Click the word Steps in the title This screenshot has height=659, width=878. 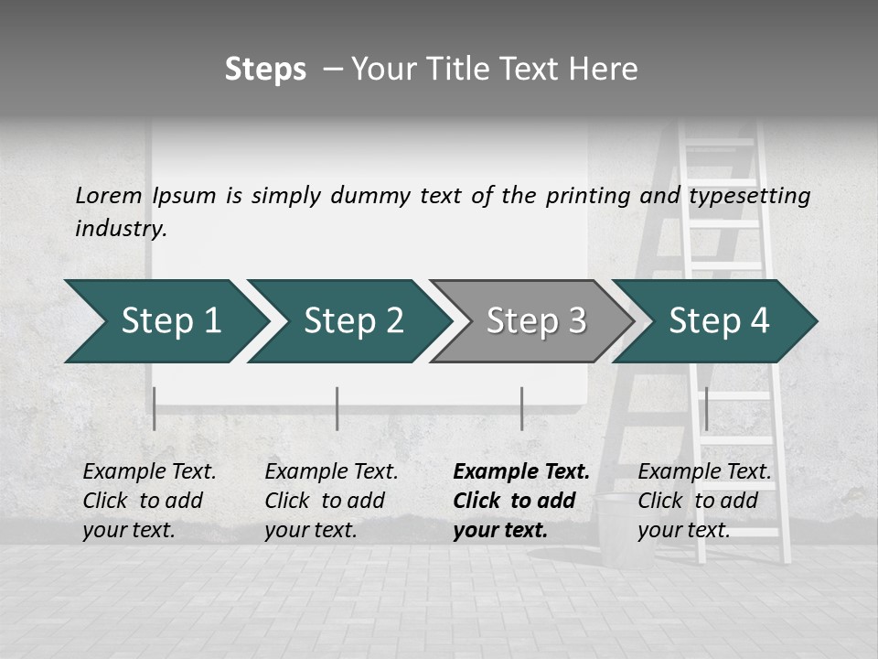[x=265, y=70]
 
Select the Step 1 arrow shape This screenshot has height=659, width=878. [x=165, y=321]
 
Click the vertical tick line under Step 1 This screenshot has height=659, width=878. [x=155, y=408]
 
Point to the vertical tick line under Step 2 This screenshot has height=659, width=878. [x=337, y=408]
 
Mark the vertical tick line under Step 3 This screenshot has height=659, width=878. [x=522, y=408]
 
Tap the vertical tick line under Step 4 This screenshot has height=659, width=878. [x=707, y=408]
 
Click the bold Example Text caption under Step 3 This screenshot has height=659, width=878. [x=520, y=501]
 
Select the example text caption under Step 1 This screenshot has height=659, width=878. [x=149, y=501]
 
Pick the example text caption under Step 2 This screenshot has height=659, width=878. [x=331, y=501]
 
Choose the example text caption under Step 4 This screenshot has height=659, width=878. [x=704, y=501]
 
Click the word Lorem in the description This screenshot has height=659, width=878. [x=109, y=196]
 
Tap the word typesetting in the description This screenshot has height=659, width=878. [x=749, y=196]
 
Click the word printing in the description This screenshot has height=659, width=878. [x=588, y=196]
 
